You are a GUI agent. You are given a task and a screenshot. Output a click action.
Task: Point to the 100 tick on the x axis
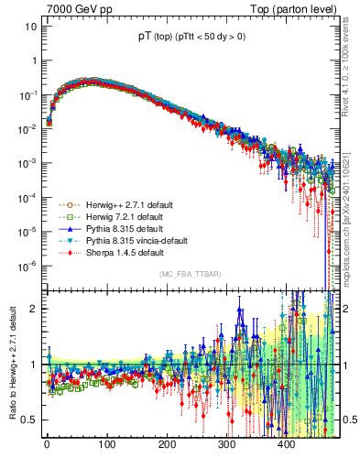point(106,445)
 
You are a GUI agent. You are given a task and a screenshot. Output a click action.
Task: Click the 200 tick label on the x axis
point(167,445)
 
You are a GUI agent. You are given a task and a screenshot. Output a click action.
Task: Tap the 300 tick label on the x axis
point(226,445)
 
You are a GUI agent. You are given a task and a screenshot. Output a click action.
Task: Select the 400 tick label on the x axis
point(286,445)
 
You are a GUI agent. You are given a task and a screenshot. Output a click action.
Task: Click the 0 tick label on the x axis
point(47,445)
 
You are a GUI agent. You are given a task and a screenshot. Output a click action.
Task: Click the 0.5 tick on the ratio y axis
point(28,420)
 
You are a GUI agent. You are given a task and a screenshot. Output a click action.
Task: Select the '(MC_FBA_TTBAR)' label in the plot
point(190,275)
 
